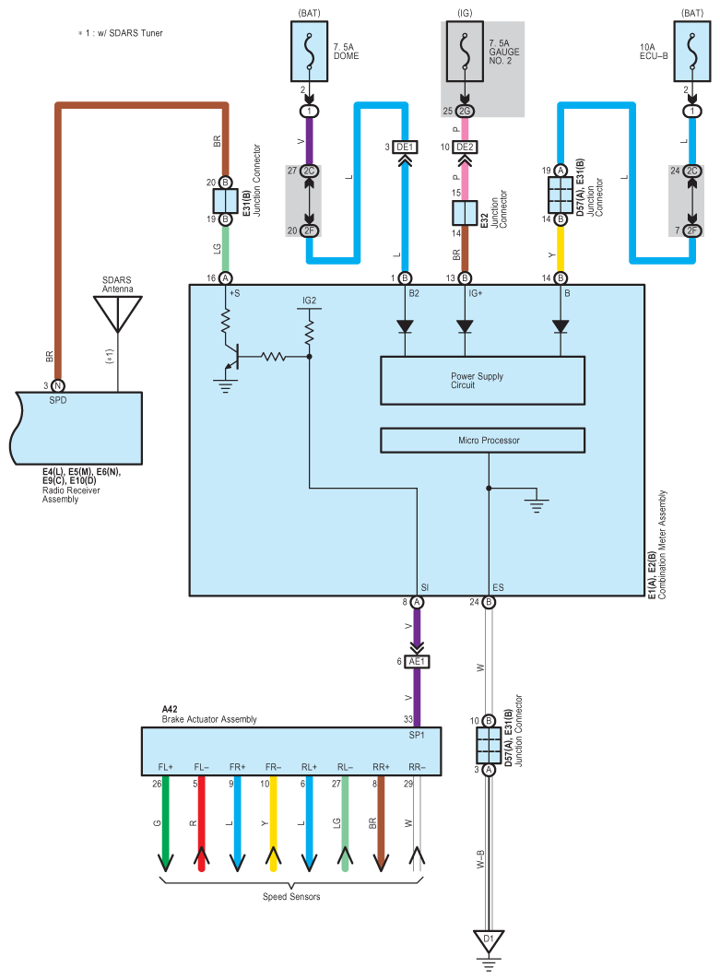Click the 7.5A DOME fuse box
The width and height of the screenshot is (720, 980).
pyautogui.click(x=309, y=52)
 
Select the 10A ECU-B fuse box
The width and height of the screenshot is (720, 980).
pyautogui.click(x=691, y=52)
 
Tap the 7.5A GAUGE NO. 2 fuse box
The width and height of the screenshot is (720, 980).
pyautogui.click(x=465, y=52)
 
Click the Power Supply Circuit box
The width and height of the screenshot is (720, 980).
pyautogui.click(x=482, y=381)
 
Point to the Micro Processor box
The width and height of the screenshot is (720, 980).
pyautogui.click(x=482, y=440)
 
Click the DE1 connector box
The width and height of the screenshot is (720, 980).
pyautogui.click(x=405, y=147)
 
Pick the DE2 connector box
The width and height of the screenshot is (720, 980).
pyautogui.click(x=465, y=147)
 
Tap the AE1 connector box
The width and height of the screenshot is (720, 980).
pyautogui.click(x=417, y=661)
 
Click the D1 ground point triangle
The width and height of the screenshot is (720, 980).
pyautogui.click(x=489, y=940)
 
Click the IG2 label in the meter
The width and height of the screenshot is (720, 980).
pyautogui.click(x=310, y=301)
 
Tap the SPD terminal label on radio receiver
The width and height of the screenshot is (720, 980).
pyautogui.click(x=57, y=400)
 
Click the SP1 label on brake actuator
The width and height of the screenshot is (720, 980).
pyautogui.click(x=417, y=735)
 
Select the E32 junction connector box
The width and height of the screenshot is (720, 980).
pyautogui.click(x=465, y=213)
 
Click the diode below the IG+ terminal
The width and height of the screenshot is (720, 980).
pyautogui.click(x=465, y=326)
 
